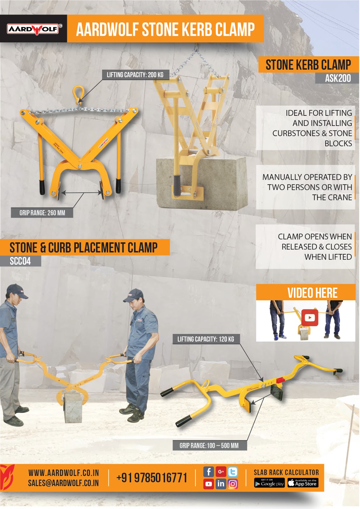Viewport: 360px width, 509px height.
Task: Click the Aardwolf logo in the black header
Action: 33,29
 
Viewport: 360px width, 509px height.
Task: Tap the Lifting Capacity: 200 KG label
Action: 135,75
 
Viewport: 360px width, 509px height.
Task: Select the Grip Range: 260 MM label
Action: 42,213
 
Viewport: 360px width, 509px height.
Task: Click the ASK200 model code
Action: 338,78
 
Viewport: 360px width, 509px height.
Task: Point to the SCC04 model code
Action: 20,261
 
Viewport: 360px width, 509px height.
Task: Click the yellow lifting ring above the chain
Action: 78,93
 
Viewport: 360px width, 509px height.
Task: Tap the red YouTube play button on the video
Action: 309,318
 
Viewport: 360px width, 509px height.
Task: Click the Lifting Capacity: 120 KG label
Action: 205,339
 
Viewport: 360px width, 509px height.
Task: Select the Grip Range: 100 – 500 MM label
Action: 209,445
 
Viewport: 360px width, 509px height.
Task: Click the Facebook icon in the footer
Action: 209,472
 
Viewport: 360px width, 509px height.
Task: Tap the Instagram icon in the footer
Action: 233,484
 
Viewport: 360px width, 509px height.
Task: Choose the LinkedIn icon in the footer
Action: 221,484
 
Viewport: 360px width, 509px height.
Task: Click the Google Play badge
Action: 269,483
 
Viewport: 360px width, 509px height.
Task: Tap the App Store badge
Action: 303,483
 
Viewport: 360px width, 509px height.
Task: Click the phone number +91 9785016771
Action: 152,478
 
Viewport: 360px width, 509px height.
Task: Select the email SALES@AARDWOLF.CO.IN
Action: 63,483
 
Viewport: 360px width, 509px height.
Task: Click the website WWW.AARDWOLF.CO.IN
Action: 64,473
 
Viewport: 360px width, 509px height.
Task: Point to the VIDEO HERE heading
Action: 312,293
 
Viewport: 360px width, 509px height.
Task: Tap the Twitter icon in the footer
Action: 233,472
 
